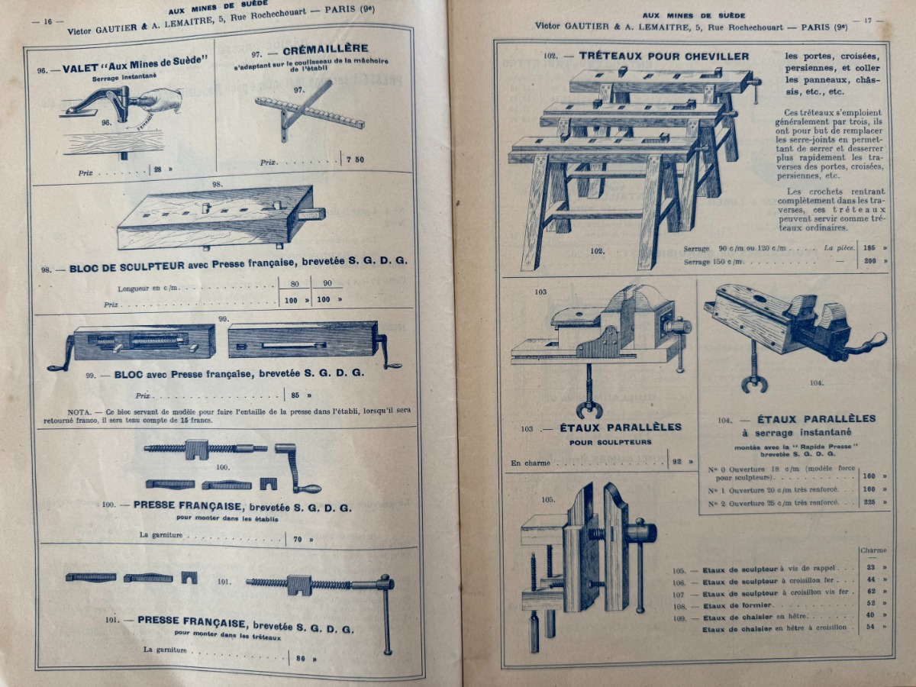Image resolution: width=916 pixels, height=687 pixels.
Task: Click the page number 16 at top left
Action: pos(47,22)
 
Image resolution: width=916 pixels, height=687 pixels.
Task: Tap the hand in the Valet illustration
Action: pos(162,99)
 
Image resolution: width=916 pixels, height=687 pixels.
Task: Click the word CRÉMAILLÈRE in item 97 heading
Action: pos(315,49)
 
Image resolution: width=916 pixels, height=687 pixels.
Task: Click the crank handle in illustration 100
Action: pos(296,466)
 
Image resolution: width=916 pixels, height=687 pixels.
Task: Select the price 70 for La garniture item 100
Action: pos(298,539)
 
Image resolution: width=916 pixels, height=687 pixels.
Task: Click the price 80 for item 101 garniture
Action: pos(301,658)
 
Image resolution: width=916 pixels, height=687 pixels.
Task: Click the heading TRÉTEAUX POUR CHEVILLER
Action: pos(663,56)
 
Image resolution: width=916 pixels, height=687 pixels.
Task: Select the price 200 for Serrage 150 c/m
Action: pos(869,261)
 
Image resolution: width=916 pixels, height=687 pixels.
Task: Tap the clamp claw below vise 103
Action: pos(589,405)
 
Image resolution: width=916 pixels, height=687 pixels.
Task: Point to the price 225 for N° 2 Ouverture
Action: pos(869,502)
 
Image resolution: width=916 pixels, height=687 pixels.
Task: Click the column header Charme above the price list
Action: pos(872,550)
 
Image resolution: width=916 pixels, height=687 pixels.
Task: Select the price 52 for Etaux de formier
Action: pos(870,604)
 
